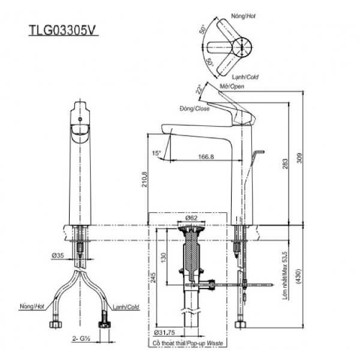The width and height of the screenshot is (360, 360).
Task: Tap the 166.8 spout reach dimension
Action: click(205, 157)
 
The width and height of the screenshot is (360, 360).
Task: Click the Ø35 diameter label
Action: click(58, 256)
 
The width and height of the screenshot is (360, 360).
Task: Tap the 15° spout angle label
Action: click(157, 154)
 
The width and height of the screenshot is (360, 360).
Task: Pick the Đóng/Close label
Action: click(193, 109)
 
